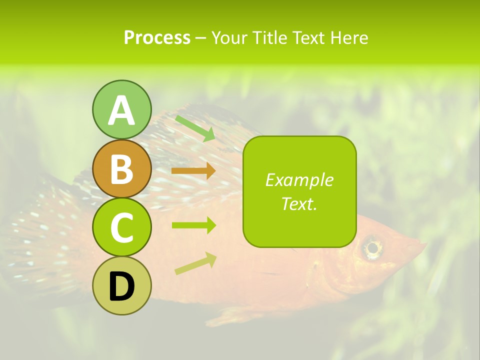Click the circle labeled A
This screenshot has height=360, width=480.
coord(121,109)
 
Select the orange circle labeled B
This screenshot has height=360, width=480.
coord(121,168)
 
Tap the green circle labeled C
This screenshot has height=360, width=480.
coord(121,227)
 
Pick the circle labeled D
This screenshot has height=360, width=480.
coord(121,285)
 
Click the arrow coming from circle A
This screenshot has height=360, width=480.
coord(195,128)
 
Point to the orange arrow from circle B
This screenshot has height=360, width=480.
coord(193,171)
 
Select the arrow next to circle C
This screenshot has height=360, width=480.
coord(193,225)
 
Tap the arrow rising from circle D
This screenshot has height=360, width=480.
coord(195,263)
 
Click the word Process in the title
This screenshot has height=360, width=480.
coord(157,38)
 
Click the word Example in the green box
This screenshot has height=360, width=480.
coord(299,180)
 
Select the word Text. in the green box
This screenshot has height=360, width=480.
coord(299,203)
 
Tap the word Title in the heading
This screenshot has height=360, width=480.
coord(270,38)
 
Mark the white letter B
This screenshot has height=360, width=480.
coord(121,168)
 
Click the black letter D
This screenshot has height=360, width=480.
coord(121,286)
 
